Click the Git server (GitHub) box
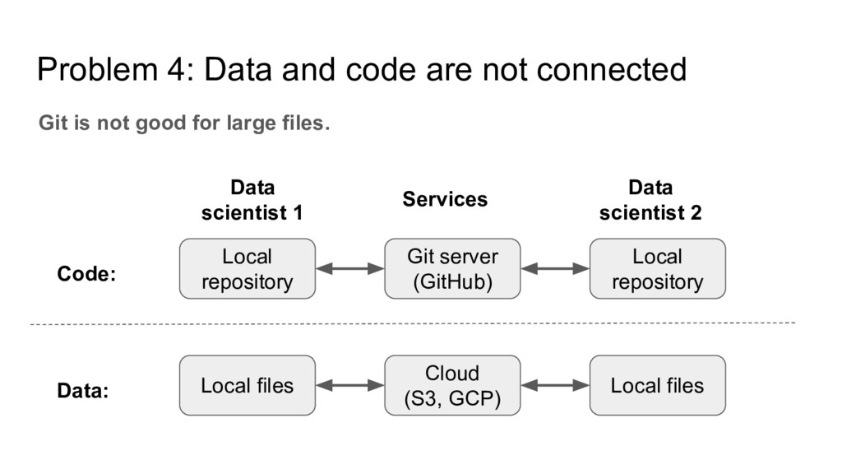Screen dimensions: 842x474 452,269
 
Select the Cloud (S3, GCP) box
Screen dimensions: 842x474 452,385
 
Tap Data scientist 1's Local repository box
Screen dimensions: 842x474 247,269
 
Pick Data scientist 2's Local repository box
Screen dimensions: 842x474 657,269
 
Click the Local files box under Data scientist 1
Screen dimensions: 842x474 247,385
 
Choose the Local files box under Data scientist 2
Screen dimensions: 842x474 657,385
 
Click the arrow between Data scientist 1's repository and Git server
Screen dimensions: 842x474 349,269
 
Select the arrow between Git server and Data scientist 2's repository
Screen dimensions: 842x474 555,269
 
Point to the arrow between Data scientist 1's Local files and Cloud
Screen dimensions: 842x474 349,385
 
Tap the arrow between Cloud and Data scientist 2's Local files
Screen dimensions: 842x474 555,385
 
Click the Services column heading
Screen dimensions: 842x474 445,199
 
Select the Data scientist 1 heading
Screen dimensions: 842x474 252,200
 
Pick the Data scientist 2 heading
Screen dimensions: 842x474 650,200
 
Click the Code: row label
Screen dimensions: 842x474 86,274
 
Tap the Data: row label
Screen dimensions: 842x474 83,391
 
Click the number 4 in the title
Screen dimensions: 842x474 176,70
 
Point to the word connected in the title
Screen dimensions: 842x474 612,70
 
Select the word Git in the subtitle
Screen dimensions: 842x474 53,123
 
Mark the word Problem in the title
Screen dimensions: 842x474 98,70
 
